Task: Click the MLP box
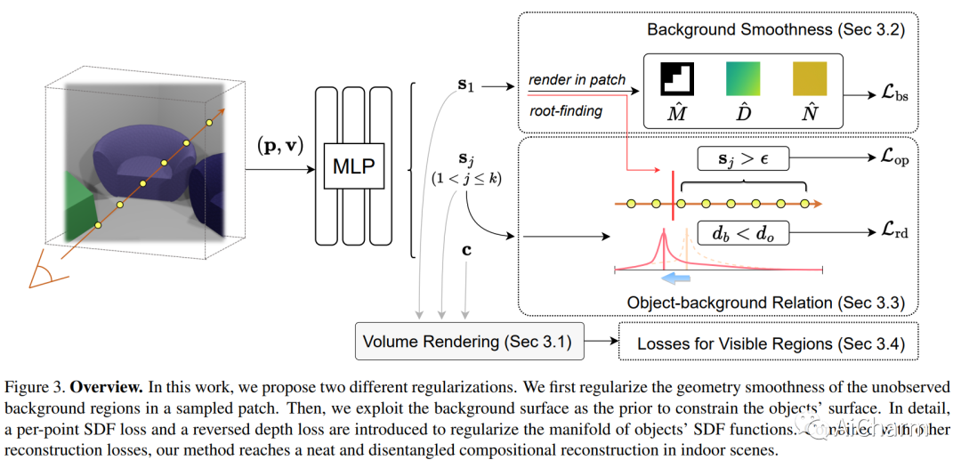point(353,165)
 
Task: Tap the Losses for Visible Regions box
point(767,343)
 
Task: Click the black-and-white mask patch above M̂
point(677,78)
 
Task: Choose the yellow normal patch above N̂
point(810,78)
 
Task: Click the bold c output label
point(466,250)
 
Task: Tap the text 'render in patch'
point(577,80)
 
